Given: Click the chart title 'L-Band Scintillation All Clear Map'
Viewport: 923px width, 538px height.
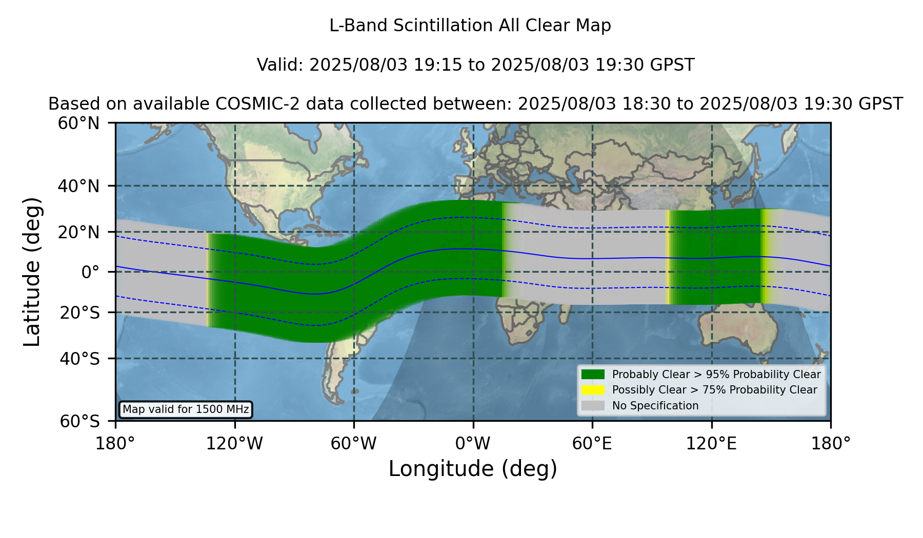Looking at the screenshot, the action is (470, 26).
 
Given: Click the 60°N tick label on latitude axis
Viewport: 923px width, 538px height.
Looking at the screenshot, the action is (78, 123).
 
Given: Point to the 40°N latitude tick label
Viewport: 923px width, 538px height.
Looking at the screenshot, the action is (78, 186).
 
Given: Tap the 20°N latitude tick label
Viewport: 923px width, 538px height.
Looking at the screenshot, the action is (78, 232).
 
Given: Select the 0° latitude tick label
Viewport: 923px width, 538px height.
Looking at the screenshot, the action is (90, 272).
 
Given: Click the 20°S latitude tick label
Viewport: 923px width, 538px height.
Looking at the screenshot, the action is (79, 312).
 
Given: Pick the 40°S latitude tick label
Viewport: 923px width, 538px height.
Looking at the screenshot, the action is (79, 359).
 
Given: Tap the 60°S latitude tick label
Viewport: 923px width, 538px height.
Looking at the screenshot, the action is (79, 421).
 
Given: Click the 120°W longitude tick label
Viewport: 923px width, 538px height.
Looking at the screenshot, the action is (234, 443).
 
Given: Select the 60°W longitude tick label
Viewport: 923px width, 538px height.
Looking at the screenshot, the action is (354, 443).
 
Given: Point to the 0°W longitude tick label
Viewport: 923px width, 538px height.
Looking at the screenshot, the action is (473, 443).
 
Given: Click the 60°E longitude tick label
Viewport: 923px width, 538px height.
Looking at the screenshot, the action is (592, 443).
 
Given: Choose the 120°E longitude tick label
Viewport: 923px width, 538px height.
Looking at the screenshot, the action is (711, 443).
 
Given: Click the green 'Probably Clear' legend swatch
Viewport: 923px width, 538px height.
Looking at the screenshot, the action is (593, 375).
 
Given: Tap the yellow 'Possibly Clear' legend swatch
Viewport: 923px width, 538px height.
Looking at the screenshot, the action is (593, 390).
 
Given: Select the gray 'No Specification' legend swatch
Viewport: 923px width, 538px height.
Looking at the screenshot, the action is (593, 406).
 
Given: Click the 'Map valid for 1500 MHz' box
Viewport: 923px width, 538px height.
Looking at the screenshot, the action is (186, 409).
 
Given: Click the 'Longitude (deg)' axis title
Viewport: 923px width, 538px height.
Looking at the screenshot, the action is (473, 469).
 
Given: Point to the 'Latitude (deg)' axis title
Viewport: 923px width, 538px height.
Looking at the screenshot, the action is (32, 272).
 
